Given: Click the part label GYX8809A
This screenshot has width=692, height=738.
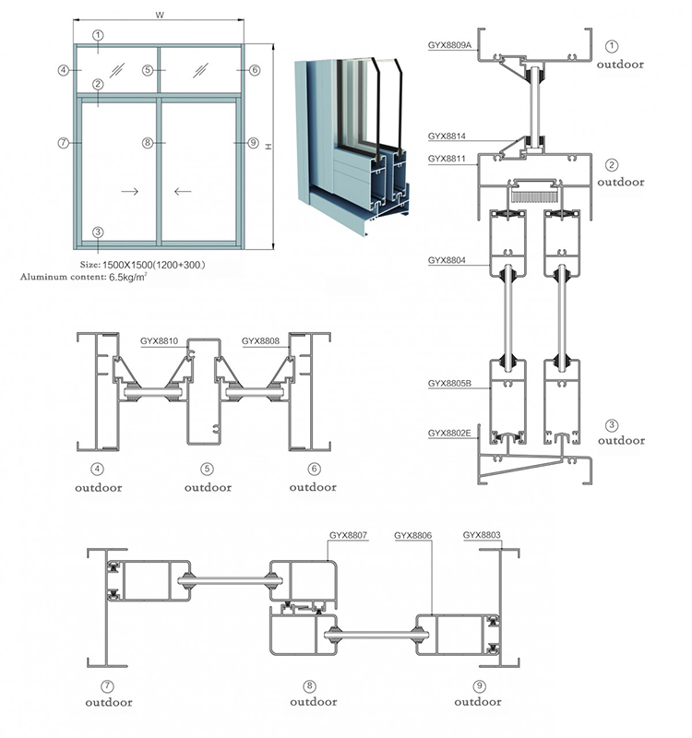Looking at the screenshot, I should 449,43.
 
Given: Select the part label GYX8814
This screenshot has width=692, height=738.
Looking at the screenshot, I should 447,137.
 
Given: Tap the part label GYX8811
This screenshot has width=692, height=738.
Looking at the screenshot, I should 447,159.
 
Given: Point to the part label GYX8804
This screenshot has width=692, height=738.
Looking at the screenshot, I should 447,260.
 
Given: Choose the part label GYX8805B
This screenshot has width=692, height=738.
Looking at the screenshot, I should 449,382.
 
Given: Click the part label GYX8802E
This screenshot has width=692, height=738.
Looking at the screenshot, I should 449,432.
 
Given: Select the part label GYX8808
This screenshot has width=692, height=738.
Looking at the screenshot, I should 260,340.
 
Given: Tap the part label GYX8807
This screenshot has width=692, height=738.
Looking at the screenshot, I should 349,534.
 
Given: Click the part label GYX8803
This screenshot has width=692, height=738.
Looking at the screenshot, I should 482,534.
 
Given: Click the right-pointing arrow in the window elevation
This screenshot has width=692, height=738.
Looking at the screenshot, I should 130,192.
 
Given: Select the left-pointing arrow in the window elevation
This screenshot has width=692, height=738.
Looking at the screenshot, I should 182,192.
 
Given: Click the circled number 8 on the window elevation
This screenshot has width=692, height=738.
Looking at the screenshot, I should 146,143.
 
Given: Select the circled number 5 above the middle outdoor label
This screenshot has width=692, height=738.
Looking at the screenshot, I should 208,469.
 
